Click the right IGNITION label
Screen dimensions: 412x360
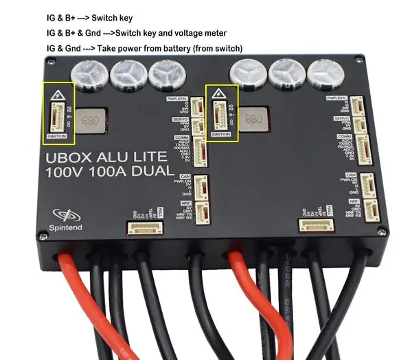pyautogui.click(x=221, y=135)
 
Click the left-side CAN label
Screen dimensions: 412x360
pyautogui.click(x=183, y=175)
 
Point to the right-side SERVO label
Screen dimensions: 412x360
pyautogui.click(x=341, y=118)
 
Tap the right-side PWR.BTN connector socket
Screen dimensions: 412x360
pyautogui.click(x=360, y=104)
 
